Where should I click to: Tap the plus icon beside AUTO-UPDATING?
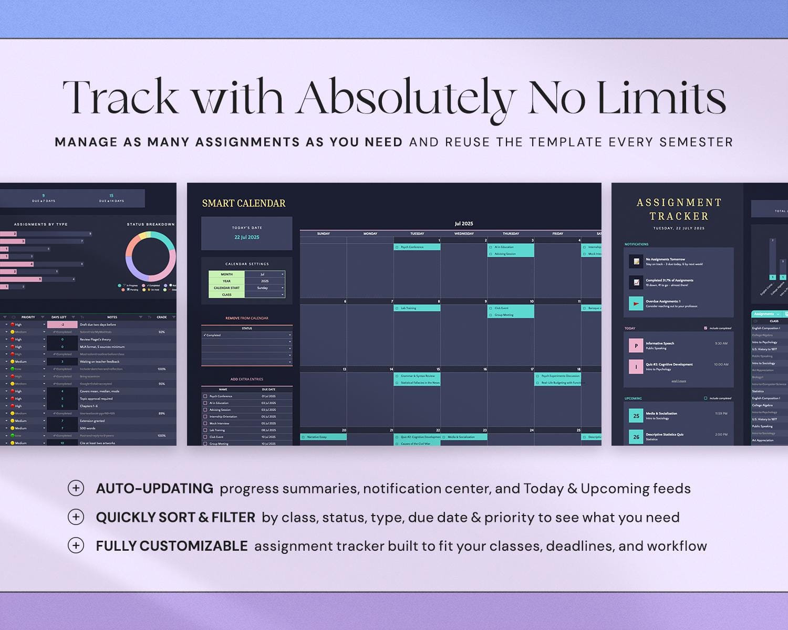pyautogui.click(x=76, y=488)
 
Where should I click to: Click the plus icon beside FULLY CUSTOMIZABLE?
pyautogui.click(x=76, y=545)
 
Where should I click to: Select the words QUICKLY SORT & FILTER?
pyautogui.click(x=175, y=518)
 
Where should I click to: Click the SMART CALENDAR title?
pyautogui.click(x=244, y=203)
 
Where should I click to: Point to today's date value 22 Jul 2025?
pyautogui.click(x=246, y=237)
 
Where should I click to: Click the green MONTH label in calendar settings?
pyautogui.click(x=226, y=274)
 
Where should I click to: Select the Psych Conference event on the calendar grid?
pyautogui.click(x=417, y=247)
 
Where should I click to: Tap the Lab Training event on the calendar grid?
pyautogui.click(x=417, y=308)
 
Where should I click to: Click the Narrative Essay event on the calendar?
pyautogui.click(x=323, y=437)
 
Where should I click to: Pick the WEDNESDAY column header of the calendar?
pyautogui.click(x=464, y=234)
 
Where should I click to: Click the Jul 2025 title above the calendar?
pyautogui.click(x=464, y=224)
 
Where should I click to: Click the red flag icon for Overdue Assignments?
pyautogui.click(x=636, y=303)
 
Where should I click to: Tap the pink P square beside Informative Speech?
pyautogui.click(x=636, y=345)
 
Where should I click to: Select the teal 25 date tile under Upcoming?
pyautogui.click(x=636, y=416)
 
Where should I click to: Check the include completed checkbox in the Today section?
pyautogui.click(x=706, y=328)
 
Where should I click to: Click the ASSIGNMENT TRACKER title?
pyautogui.click(x=679, y=209)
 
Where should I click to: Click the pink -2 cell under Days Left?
pyautogui.click(x=62, y=324)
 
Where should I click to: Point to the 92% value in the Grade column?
pyautogui.click(x=162, y=332)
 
